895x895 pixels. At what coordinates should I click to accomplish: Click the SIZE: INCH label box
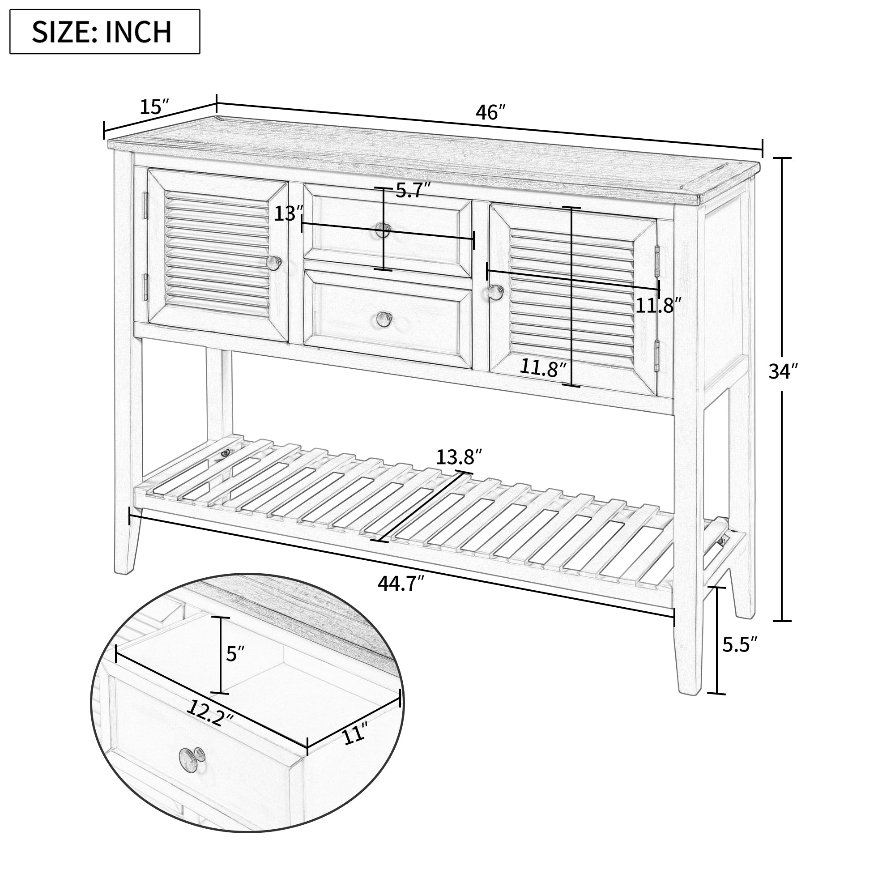(105, 31)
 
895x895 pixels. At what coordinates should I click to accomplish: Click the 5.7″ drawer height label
(413, 190)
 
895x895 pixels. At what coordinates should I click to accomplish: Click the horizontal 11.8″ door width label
(658, 306)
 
